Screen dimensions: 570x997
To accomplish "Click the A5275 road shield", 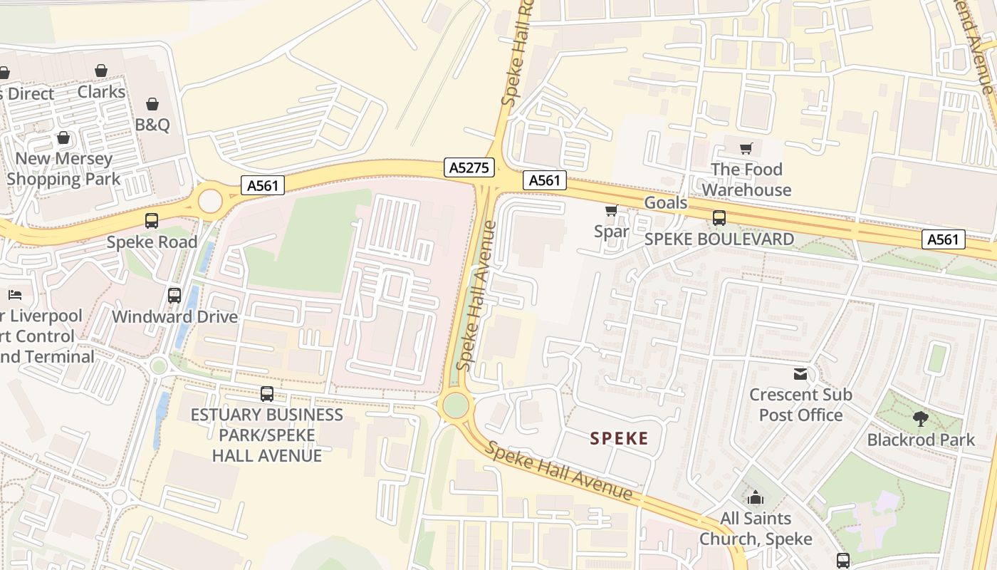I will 469,167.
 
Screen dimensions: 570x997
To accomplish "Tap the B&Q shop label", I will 152,125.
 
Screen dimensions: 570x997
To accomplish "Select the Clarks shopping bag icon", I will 101,71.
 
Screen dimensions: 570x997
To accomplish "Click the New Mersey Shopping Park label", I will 63,169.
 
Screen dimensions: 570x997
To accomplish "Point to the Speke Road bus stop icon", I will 152,221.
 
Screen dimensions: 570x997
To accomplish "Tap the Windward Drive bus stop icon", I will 174,295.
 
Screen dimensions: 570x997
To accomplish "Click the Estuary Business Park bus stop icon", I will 267,393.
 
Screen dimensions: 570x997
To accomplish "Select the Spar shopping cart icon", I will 611,211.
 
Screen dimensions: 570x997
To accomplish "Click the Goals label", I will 666,203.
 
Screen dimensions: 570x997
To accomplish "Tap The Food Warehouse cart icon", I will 746,149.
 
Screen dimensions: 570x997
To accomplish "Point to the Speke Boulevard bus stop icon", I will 719,218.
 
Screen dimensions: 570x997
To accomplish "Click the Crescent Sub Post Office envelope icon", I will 800,374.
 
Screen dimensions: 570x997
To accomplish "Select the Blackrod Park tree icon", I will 920,419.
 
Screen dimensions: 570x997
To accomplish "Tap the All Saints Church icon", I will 756,497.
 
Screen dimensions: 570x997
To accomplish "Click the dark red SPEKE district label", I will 619,438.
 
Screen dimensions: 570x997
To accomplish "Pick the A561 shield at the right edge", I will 944,239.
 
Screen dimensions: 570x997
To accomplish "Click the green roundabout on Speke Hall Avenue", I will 456,406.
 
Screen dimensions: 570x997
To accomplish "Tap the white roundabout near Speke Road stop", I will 210,201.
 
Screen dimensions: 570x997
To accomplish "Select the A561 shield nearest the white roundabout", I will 262,185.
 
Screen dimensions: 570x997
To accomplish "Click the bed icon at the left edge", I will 15,294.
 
